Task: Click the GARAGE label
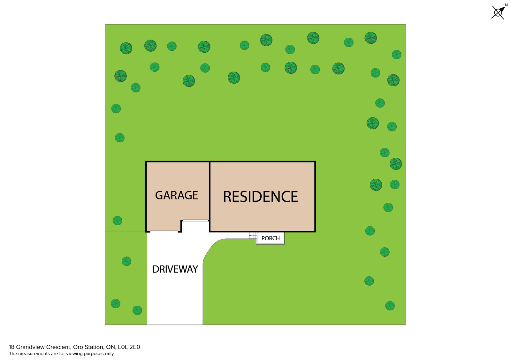coord(176,195)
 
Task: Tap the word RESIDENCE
coord(260,197)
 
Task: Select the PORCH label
coord(271,238)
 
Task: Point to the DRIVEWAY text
coord(175,269)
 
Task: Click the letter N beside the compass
coord(506,5)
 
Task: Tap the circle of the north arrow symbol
coord(498,13)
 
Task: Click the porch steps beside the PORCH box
coord(253,236)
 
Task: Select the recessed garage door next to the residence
coord(195,221)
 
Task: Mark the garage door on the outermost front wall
coord(164,232)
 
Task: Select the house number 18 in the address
coord(12,347)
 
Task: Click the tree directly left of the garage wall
coord(118,221)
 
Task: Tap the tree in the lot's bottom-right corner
coord(390,306)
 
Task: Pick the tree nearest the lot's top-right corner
coord(397,55)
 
